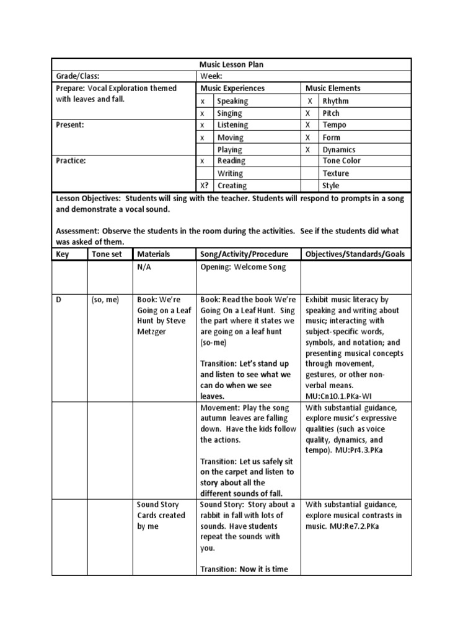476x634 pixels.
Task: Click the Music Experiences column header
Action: (x=232, y=89)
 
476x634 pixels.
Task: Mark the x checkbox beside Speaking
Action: (x=203, y=101)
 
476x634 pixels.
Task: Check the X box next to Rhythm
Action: (x=309, y=101)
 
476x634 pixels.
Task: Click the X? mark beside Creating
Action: (x=204, y=185)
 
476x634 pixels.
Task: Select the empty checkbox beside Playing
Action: (x=204, y=149)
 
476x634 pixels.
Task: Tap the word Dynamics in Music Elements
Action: (x=338, y=149)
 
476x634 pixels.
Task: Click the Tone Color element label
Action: (x=342, y=161)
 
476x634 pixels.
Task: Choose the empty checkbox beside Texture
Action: (x=309, y=173)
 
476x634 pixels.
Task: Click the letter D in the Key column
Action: (x=59, y=300)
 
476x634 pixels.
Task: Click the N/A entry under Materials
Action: (x=144, y=267)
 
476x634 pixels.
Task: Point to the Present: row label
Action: (x=71, y=125)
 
